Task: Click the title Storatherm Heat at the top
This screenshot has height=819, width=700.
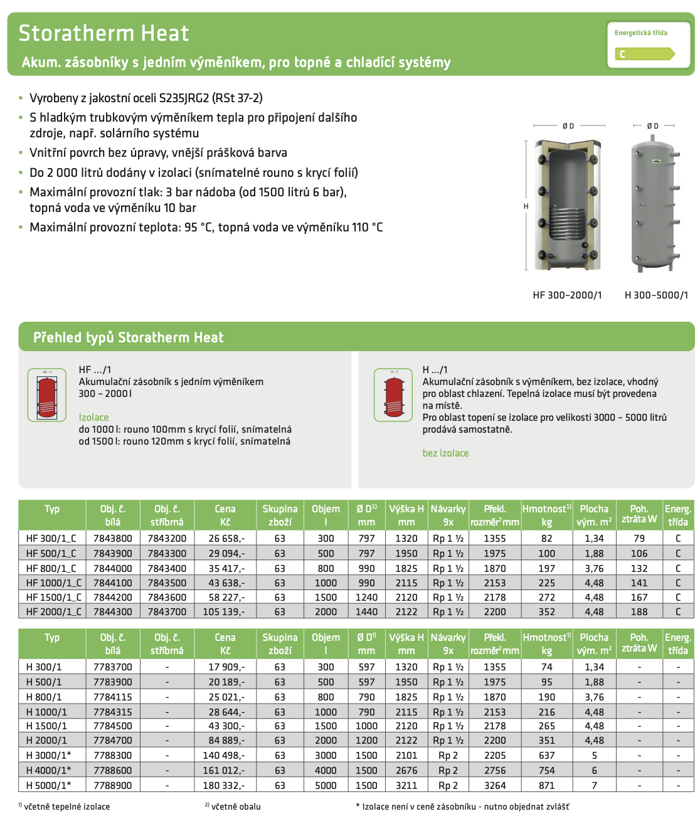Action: pos(103,33)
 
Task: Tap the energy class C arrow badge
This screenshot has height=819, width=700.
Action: pos(644,54)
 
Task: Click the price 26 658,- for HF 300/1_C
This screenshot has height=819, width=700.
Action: pos(226,538)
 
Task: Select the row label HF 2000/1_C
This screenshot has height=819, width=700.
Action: pos(53,611)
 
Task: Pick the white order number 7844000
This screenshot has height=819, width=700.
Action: pos(113,568)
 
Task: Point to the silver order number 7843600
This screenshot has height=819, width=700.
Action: pos(167,598)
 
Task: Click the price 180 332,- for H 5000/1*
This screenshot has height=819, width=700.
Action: pos(226,785)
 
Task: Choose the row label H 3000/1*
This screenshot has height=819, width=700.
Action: pos(48,755)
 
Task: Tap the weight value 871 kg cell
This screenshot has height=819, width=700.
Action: pos(546,785)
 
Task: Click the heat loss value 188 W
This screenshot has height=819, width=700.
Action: pos(639,611)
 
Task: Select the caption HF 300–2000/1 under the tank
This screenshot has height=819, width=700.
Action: pos(567,295)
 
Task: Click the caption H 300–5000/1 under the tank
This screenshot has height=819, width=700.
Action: pos(656,295)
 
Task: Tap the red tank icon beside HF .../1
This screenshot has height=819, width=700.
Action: pos(47,395)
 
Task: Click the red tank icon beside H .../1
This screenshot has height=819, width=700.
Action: pos(393,395)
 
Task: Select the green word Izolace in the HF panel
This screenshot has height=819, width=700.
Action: pos(93,417)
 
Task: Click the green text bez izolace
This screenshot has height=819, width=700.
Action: pos(445,453)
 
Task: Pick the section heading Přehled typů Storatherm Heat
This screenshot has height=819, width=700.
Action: pos(128,337)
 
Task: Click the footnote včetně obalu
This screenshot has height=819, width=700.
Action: pos(236,806)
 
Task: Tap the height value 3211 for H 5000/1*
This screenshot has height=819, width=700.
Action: pos(406,785)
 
